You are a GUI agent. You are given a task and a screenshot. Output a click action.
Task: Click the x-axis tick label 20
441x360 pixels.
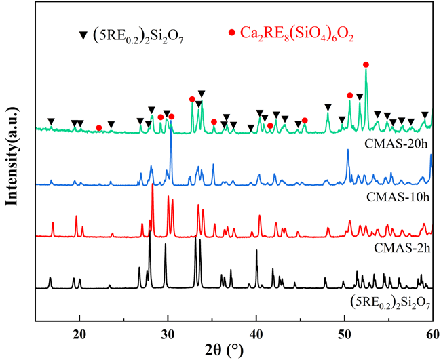79,334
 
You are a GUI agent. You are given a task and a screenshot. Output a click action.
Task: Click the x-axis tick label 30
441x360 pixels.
168,334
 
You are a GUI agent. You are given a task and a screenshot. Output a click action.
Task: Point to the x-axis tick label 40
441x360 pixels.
256,334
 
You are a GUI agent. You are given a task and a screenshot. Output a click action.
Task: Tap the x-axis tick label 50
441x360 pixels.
344,334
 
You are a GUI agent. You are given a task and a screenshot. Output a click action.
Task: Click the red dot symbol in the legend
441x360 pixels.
232,33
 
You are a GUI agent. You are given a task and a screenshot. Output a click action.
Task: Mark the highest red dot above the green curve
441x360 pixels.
366,64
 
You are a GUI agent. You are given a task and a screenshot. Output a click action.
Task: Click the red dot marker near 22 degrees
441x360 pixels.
99,127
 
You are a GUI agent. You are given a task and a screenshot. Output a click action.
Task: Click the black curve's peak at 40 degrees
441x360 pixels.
256,252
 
